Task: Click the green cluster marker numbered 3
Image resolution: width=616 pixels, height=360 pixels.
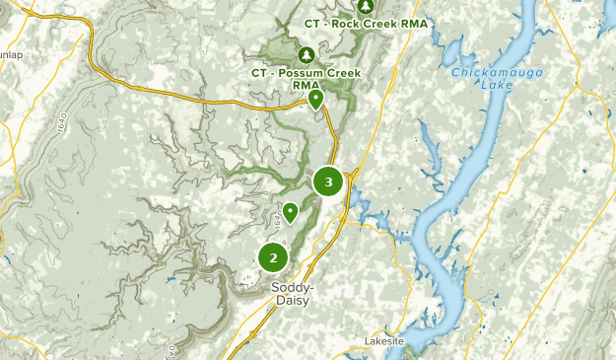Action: click(x=328, y=181)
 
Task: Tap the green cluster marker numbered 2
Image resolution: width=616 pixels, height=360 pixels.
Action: click(x=273, y=257)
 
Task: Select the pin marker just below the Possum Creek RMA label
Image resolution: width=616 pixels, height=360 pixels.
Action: click(x=315, y=99)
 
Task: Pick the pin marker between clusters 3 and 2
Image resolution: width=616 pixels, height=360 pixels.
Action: click(x=291, y=211)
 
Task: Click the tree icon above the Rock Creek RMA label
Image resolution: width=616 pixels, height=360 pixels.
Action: click(x=367, y=6)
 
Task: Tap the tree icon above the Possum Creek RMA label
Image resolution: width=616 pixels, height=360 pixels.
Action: click(x=306, y=54)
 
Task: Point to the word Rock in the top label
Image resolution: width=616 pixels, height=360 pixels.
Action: click(x=347, y=24)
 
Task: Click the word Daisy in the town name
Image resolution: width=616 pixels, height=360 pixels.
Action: click(x=293, y=300)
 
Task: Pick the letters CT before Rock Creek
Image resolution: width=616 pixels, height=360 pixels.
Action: click(x=313, y=24)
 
